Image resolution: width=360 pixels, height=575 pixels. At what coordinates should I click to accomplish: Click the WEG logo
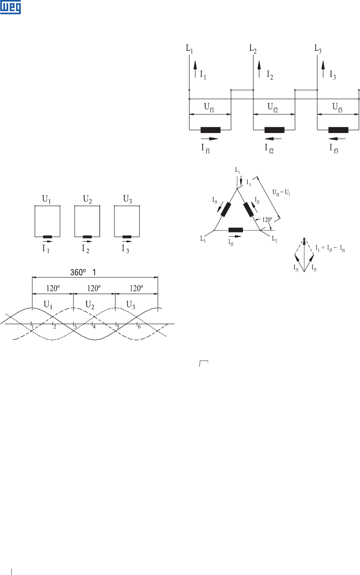(x=11, y=7)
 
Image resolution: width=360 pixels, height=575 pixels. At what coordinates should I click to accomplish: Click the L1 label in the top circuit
(x=189, y=49)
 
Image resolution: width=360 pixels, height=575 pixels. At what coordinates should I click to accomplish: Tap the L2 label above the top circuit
(x=253, y=48)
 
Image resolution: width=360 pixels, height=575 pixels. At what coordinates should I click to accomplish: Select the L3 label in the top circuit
(x=318, y=49)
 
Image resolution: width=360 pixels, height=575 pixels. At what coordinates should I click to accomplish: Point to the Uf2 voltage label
(x=273, y=107)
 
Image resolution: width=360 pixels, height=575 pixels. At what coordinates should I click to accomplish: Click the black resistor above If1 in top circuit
(x=210, y=130)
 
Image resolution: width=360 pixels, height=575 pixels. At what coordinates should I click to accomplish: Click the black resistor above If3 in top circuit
(x=338, y=130)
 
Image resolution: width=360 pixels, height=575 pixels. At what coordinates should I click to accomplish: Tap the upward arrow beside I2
(x=259, y=69)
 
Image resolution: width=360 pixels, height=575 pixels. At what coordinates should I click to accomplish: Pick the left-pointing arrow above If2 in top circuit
(x=273, y=138)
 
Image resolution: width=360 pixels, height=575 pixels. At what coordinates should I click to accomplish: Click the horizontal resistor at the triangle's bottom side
(x=236, y=230)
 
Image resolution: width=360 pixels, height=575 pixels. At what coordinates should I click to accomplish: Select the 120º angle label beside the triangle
(x=267, y=220)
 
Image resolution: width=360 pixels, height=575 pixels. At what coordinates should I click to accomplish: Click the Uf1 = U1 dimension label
(x=281, y=193)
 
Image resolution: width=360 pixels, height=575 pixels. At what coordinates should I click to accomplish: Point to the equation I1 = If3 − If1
(x=330, y=249)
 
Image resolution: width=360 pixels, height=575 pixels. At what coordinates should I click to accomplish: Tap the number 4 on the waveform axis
(x=94, y=327)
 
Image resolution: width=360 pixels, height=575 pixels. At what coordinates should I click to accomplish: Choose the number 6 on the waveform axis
(x=139, y=327)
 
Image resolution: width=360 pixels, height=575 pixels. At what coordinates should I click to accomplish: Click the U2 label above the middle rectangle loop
(x=87, y=199)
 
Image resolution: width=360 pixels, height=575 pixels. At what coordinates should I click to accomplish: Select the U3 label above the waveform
(x=131, y=305)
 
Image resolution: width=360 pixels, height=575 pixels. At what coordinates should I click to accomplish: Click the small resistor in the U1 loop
(x=47, y=237)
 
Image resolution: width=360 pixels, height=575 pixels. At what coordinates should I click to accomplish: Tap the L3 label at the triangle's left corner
(x=203, y=239)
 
